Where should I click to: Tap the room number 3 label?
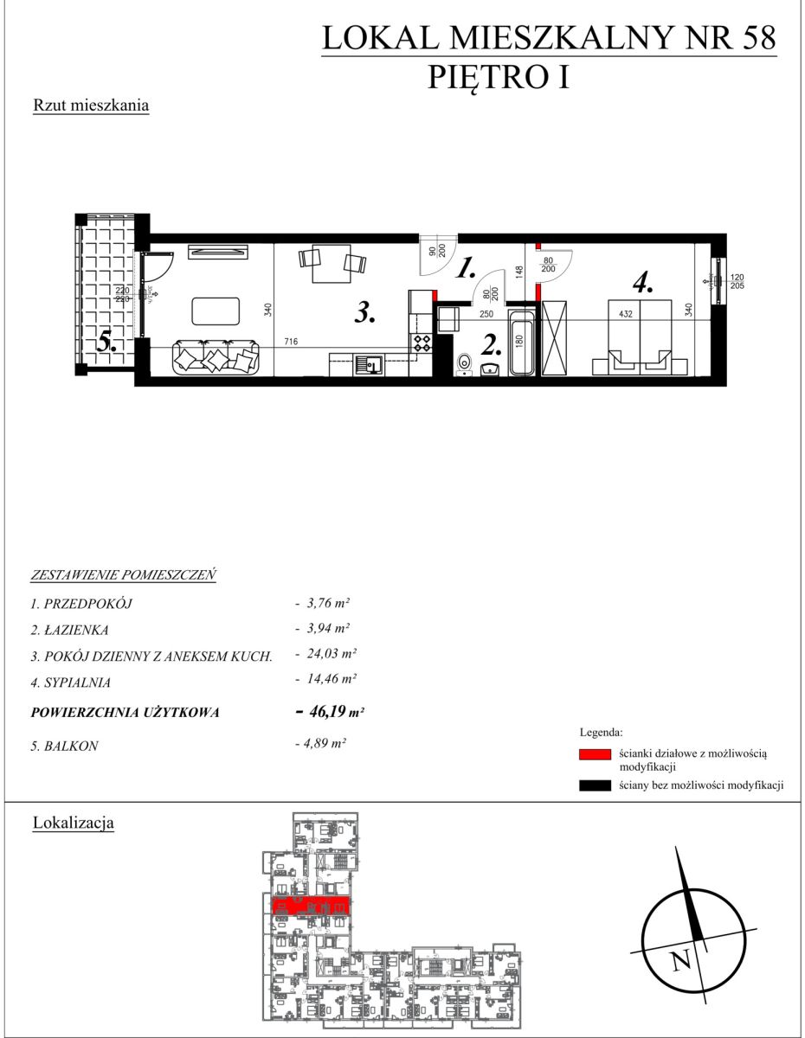tap(364, 314)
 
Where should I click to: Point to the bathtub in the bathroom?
tap(522, 341)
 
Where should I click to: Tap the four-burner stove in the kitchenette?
tap(422, 343)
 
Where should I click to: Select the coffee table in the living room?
tap(216, 309)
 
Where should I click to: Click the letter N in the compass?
tap(681, 960)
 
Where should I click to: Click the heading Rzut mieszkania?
tap(91, 106)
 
